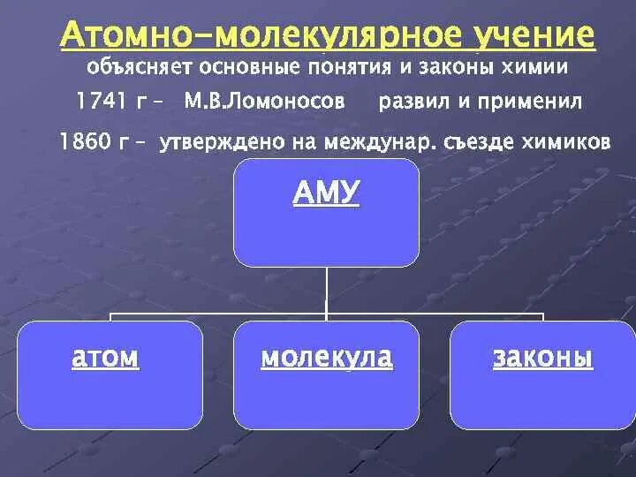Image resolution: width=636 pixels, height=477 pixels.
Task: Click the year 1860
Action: [x=86, y=141]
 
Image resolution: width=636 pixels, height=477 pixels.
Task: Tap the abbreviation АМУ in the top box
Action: [x=327, y=193]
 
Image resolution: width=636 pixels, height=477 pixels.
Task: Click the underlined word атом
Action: [x=105, y=358]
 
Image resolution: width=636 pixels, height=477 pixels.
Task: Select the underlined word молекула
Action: [x=327, y=358]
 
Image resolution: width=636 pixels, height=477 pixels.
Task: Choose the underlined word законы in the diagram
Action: [x=542, y=358]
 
